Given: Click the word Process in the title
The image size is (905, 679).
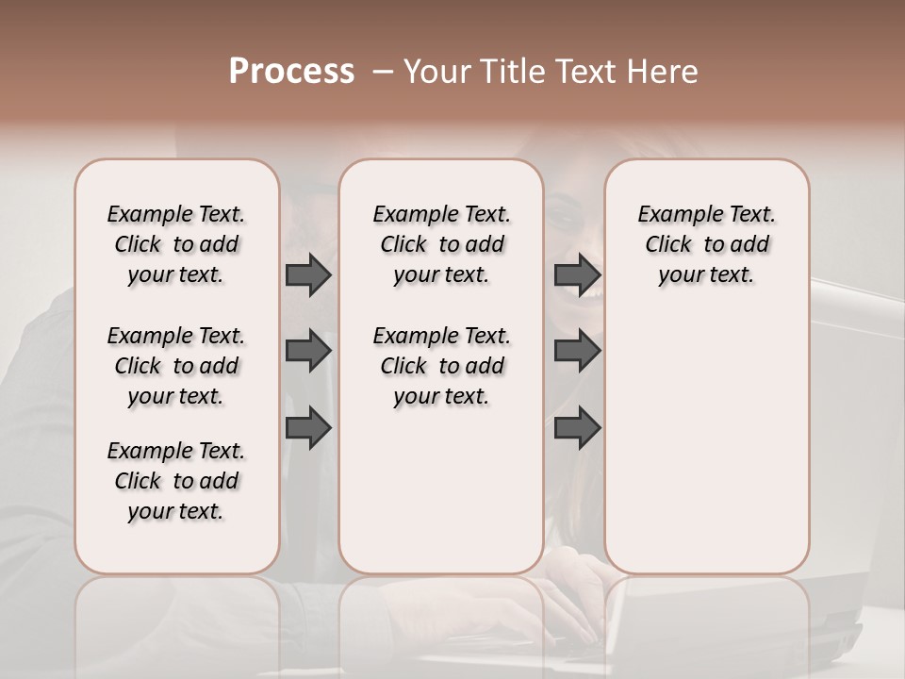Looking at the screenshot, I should (x=291, y=72).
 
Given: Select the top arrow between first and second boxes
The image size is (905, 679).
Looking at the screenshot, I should (x=308, y=275).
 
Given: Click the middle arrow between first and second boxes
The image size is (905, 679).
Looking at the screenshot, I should (x=308, y=352).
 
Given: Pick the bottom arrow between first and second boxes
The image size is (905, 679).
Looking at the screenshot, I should (x=308, y=428).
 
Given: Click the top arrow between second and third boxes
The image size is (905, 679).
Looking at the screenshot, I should (x=577, y=275).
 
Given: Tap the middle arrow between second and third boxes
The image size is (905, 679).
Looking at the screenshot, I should (x=577, y=352).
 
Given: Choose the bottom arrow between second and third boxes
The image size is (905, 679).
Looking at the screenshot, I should (x=577, y=428).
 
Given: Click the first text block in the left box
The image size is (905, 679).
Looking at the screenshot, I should (x=176, y=244).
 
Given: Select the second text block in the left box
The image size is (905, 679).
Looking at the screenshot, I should (x=176, y=366).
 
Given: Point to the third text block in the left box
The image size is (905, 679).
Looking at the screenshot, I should (x=176, y=481).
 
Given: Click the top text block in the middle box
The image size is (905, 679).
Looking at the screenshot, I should (x=441, y=244).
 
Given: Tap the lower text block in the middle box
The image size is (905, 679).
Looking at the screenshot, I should (x=441, y=366).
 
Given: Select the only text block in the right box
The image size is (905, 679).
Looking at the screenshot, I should (x=707, y=244).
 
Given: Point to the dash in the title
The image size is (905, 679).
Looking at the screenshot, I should (x=383, y=72).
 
